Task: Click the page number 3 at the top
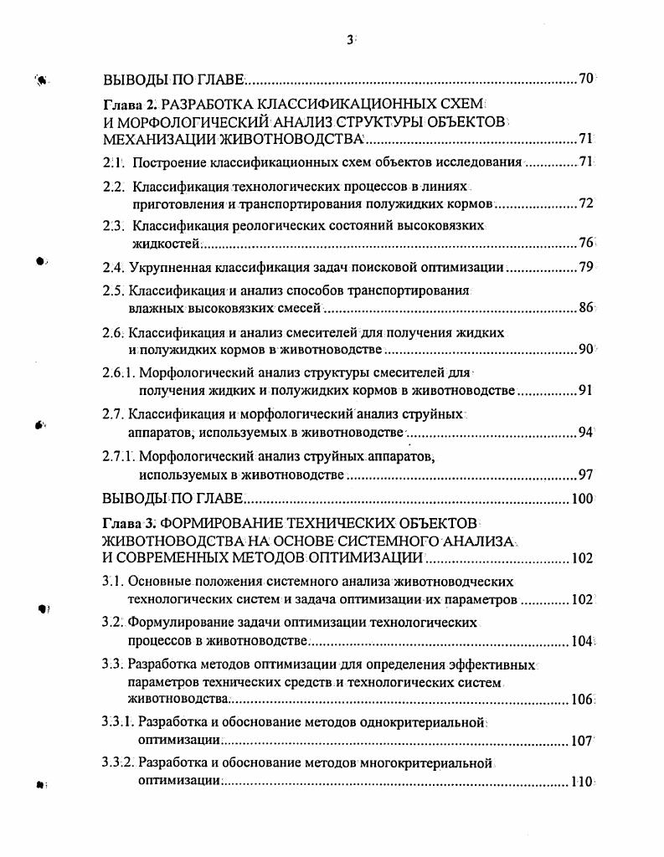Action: click(x=349, y=38)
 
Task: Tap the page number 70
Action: click(x=585, y=80)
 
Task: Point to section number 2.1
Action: click(x=113, y=162)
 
